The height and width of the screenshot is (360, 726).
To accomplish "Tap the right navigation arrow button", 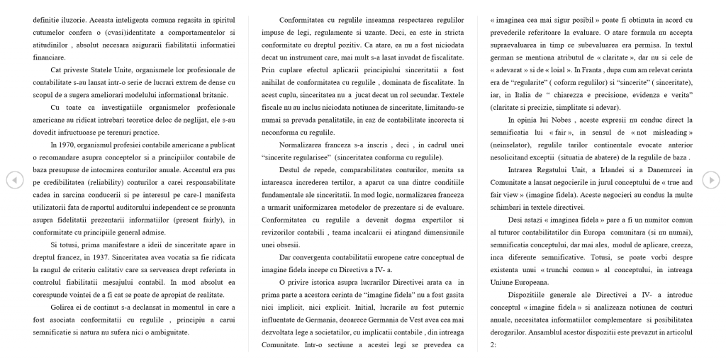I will tap(711, 180).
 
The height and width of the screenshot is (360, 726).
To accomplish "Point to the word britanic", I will tap(186, 95).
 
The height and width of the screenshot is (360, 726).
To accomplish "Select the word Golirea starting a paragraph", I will tap(62, 308).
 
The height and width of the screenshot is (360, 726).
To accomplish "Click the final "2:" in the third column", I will tap(494, 344).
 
